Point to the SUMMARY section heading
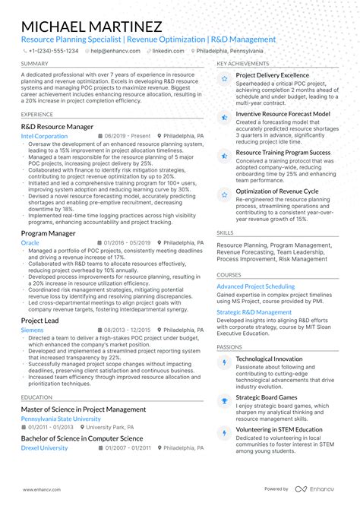pos(35,64)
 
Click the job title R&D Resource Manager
pos(58,127)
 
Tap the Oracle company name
pos(30,242)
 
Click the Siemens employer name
pos(33,330)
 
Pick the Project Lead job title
pos(40,321)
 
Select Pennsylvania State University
pos(61,419)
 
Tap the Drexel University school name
pos(45,447)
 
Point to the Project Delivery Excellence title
pos(272,76)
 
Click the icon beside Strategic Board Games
pos(224,397)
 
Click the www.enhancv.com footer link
pos(43,489)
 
